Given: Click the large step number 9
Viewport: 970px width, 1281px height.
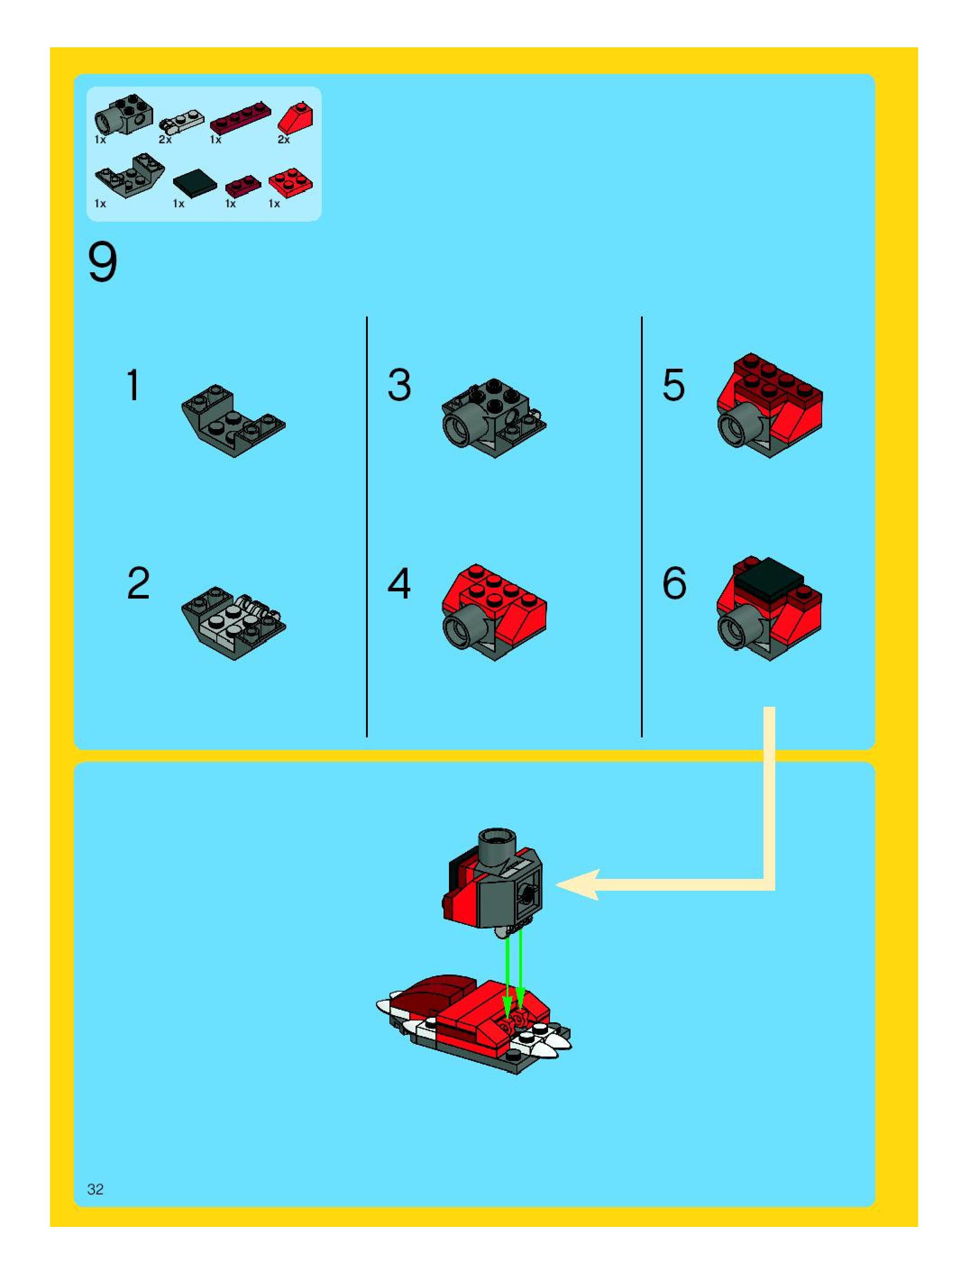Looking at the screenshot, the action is pos(103,262).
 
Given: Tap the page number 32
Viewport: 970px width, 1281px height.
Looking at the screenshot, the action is pos(96,1189).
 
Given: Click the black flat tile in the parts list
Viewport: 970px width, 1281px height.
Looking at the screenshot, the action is pos(195,181).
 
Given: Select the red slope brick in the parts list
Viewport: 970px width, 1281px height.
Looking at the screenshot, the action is pos(296,118).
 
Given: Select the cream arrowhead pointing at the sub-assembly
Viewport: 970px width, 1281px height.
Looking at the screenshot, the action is pos(579,884).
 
